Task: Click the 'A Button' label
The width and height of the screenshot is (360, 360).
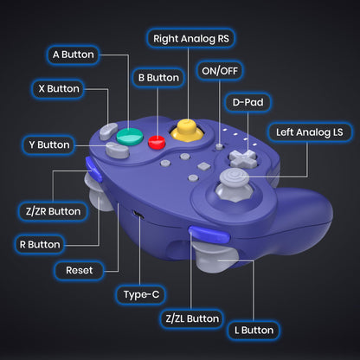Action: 73,54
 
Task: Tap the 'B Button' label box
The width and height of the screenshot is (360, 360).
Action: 157,78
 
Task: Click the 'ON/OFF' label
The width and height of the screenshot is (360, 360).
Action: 221,70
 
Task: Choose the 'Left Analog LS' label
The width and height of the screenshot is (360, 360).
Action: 309,132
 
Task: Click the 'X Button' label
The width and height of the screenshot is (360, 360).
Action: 58,88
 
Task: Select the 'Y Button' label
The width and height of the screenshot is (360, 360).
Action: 48,145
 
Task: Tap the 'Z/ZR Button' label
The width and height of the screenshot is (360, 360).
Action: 49,211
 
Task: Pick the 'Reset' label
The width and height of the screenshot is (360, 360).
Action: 79,270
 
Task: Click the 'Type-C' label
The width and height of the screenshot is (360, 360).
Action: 141,295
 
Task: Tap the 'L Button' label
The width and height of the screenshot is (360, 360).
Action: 253,330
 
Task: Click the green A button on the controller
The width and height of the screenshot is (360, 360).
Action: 130,137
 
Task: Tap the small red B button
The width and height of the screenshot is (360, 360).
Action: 157,143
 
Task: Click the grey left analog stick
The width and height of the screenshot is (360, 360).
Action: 232,180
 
